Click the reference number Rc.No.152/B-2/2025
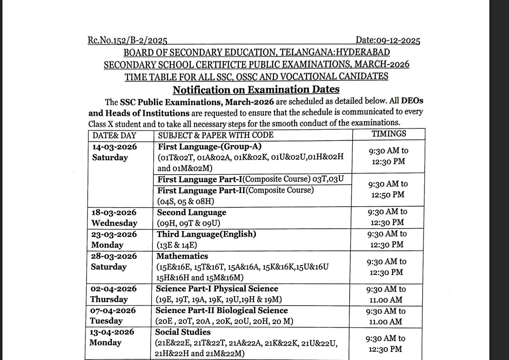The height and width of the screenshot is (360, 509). click(x=127, y=40)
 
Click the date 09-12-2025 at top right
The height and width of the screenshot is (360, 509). click(x=388, y=40)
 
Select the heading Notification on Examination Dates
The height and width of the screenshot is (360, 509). click(x=256, y=90)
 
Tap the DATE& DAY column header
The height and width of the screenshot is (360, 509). click(x=114, y=135)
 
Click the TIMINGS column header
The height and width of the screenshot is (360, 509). click(x=389, y=134)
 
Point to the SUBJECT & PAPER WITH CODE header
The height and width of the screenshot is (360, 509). click(x=216, y=135)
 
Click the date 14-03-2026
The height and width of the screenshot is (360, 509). click(x=115, y=147)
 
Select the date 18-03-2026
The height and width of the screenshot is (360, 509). click(x=114, y=213)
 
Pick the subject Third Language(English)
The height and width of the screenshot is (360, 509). click(x=206, y=234)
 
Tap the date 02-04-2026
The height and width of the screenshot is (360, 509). click(x=113, y=289)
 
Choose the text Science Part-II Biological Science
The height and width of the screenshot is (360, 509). click(x=222, y=310)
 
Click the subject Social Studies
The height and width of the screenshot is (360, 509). click(x=183, y=332)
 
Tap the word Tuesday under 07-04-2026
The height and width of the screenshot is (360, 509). click(x=106, y=321)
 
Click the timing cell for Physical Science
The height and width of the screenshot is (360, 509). click(x=386, y=294)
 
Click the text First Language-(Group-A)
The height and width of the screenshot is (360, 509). click(x=210, y=146)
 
